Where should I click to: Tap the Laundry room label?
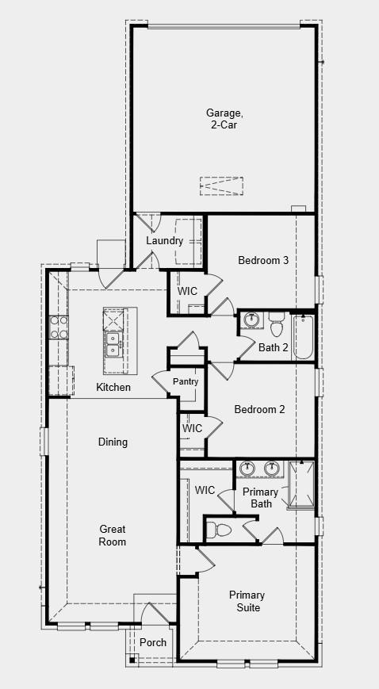pyautogui.click(x=164, y=241)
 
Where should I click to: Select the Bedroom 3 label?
pyautogui.click(x=262, y=260)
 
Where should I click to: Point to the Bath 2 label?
pyautogui.click(x=273, y=346)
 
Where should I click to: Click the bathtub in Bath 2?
pyautogui.click(x=304, y=337)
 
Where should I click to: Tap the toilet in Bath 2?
pyautogui.click(x=276, y=325)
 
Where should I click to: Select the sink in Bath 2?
pyautogui.click(x=253, y=321)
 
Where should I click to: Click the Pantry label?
pyautogui.click(x=185, y=382)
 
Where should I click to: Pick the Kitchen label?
pyautogui.click(x=113, y=388)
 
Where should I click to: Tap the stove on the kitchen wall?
pyautogui.click(x=59, y=327)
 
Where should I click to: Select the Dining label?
pyautogui.click(x=113, y=442)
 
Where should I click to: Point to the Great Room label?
pyautogui.click(x=113, y=535)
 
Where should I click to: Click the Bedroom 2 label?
pyautogui.click(x=259, y=409)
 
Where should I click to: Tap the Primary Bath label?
pyautogui.click(x=261, y=498)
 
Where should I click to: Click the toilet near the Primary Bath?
pyautogui.click(x=220, y=529)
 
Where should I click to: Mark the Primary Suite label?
pyautogui.click(x=247, y=601)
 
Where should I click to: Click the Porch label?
pyautogui.click(x=153, y=642)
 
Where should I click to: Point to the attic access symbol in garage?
pyautogui.click(x=221, y=186)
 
